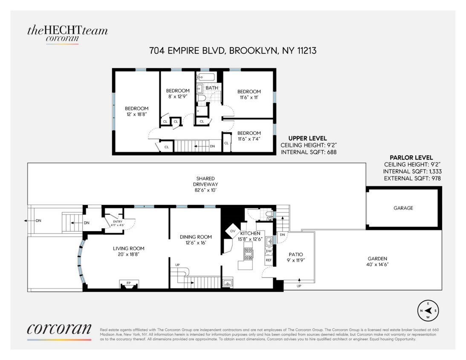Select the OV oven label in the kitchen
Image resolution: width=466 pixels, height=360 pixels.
tap(233, 231)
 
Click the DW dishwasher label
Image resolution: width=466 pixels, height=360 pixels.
tap(269, 251)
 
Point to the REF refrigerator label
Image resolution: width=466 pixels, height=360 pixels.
tap(269, 259)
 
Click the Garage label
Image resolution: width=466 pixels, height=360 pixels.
tap(403, 208)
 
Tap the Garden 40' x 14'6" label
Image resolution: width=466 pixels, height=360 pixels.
tap(377, 261)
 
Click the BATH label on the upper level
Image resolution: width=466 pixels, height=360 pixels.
tap(212, 88)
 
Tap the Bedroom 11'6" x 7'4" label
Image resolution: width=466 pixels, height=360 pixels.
tap(249, 136)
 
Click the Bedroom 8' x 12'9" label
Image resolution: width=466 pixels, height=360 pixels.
tap(178, 94)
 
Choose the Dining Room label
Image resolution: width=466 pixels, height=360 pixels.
tap(196, 239)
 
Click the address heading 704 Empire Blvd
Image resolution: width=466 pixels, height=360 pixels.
tap(232, 51)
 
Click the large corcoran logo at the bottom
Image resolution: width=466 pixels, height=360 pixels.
tap(59, 330)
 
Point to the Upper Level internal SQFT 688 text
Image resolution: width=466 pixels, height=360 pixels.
tap(306, 151)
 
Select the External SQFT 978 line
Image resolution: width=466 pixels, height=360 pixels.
tap(412, 178)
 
